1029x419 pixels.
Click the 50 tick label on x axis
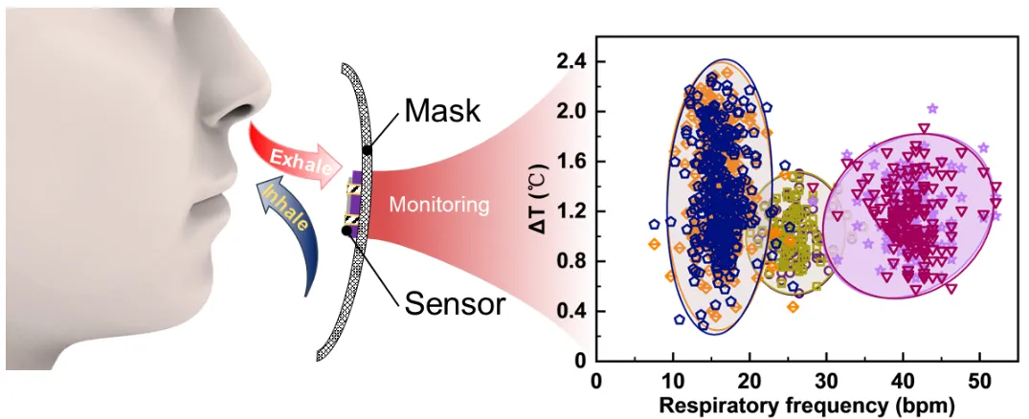979,381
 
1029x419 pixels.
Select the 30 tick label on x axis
826,381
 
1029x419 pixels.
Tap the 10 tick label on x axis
673,381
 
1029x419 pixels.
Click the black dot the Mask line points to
368,149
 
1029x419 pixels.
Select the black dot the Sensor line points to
345,231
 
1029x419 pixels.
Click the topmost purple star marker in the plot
932,108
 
